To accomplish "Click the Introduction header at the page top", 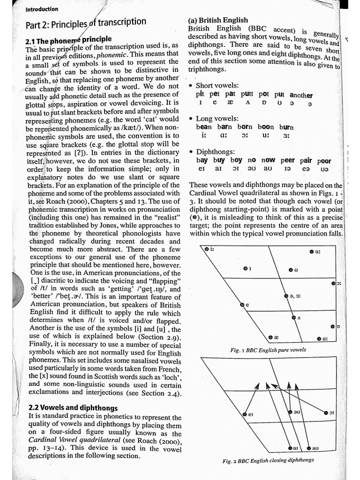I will click(x=42, y=9).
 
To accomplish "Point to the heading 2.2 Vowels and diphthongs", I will click(x=73, y=408).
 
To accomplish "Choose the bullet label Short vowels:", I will click(x=217, y=85).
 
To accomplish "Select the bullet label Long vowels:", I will click(x=217, y=119).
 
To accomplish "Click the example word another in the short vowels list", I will click(x=301, y=95).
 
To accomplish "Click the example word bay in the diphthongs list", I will click(x=202, y=160).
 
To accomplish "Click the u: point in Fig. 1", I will click(x=311, y=252).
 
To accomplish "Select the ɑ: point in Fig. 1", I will click(x=319, y=338).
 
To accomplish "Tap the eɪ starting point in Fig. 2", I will click(x=244, y=414).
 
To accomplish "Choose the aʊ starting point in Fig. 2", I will click(x=308, y=448).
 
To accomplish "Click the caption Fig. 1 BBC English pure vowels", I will click(x=268, y=350).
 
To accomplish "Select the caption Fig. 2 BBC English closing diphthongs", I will click(x=268, y=460).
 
